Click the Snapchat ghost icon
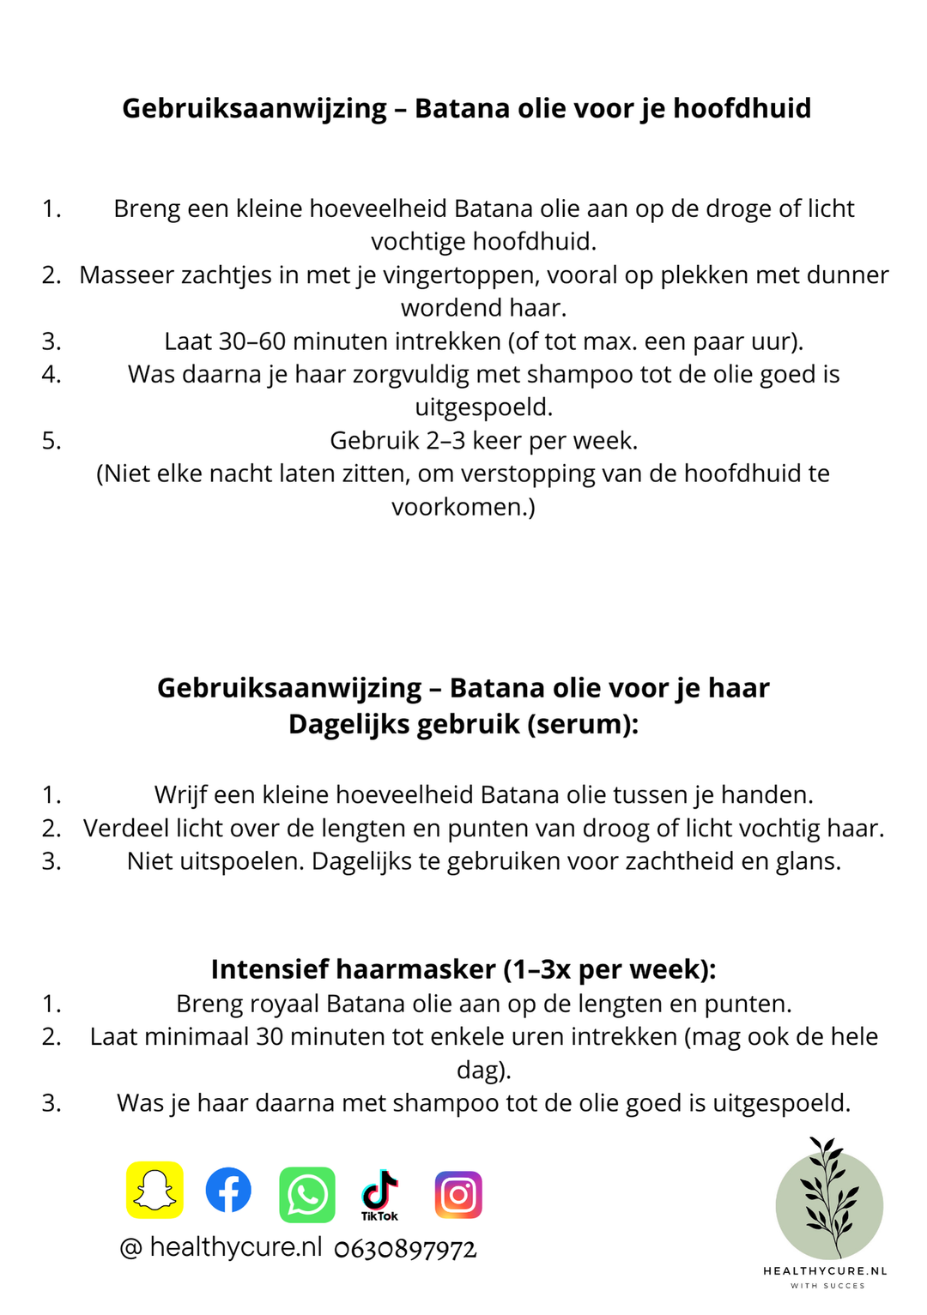pos(154,1190)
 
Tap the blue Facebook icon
pos(228,1190)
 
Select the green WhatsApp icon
pos(307,1194)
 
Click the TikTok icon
pos(379,1193)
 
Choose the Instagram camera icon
pos(458,1194)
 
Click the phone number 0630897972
pos(405,1249)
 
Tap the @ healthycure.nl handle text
pos(221,1247)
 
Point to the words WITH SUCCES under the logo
pos(827,1286)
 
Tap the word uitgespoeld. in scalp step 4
pos(483,407)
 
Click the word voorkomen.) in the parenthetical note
pos(463,507)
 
